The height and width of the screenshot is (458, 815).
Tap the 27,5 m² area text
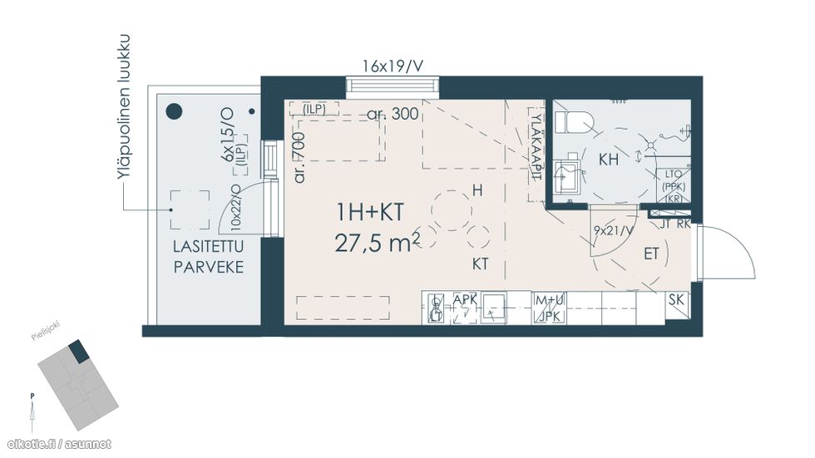pyautogui.click(x=377, y=243)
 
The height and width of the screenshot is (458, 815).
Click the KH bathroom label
pyautogui.click(x=609, y=160)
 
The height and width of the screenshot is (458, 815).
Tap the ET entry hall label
pyautogui.click(x=652, y=254)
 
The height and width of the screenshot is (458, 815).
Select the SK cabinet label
pyautogui.click(x=679, y=299)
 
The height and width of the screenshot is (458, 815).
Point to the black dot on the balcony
pyautogui.click(x=174, y=111)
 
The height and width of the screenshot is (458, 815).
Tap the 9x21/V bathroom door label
pyautogui.click(x=613, y=231)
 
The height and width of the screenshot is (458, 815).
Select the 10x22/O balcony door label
pyautogui.click(x=235, y=209)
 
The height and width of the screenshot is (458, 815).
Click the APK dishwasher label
pyautogui.click(x=465, y=300)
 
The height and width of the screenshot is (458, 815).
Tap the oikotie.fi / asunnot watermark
pyautogui.click(x=58, y=444)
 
